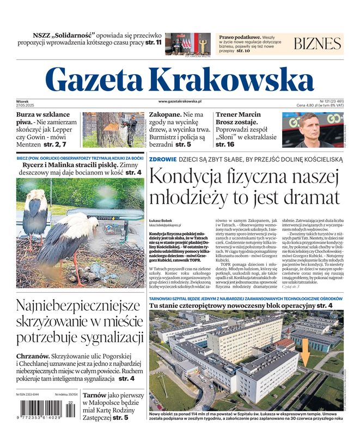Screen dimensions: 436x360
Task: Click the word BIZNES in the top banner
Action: [317, 44]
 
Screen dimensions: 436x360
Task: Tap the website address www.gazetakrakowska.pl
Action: [180, 101]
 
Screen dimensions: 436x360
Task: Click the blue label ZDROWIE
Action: [162, 159]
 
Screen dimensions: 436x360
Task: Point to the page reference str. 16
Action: [225, 145]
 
